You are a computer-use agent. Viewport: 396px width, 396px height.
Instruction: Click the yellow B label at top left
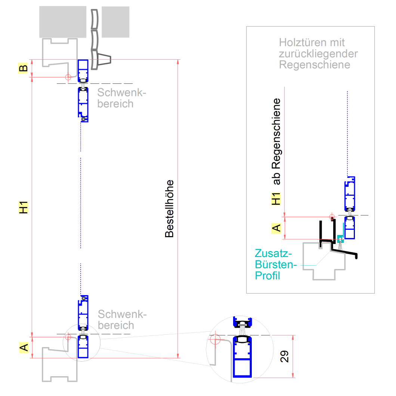point(23,68)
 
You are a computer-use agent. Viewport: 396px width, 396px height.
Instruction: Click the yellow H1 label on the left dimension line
point(24,207)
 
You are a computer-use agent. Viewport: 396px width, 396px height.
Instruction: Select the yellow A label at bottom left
point(24,348)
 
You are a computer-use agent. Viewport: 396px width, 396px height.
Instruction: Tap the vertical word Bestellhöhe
point(170,209)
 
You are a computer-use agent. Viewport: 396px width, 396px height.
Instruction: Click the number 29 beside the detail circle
point(285,356)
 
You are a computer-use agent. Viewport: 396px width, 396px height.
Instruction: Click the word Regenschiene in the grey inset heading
point(315,65)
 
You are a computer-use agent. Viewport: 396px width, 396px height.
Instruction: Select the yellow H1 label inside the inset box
point(276,199)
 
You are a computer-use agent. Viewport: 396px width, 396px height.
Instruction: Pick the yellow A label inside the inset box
point(276,228)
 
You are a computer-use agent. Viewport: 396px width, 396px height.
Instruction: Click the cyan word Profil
point(267,276)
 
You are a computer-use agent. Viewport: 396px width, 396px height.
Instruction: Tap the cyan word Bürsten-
point(275,265)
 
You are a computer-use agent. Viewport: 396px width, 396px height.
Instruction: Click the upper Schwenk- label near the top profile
point(120,92)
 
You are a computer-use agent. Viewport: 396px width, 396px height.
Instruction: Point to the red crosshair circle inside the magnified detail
point(215,340)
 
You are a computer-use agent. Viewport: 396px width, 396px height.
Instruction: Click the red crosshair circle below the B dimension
point(68,77)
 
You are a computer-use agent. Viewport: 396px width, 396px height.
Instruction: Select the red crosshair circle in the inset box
point(331,216)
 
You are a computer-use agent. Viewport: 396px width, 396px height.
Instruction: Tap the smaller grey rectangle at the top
point(115,22)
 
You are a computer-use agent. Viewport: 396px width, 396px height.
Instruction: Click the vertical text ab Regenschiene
point(276,142)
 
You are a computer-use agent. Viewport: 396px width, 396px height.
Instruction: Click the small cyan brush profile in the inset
point(340,238)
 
